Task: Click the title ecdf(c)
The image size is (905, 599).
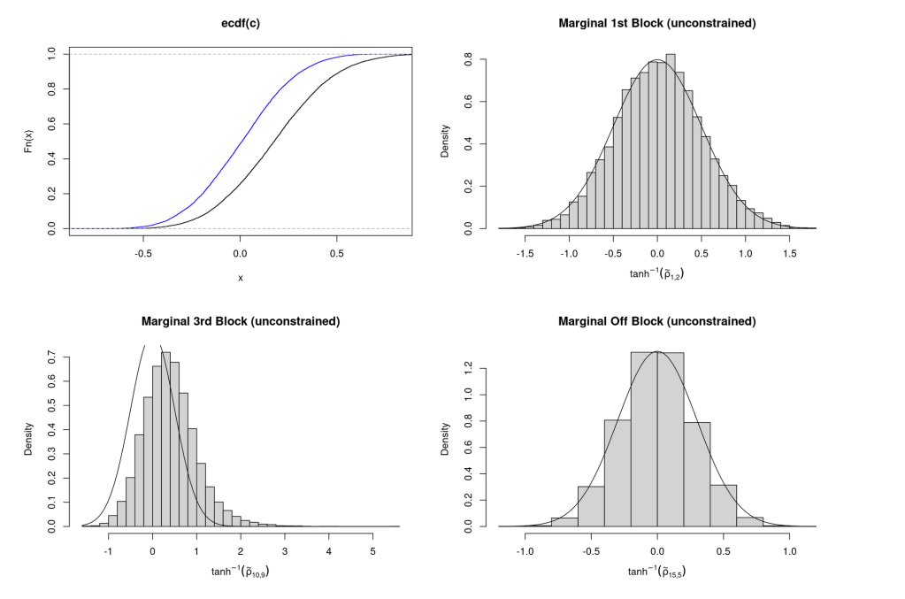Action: tap(240, 23)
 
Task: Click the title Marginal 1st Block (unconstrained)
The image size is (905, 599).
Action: tap(656, 23)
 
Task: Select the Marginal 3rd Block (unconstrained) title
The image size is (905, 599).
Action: tap(240, 320)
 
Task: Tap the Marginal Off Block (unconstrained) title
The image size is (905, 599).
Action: tap(656, 320)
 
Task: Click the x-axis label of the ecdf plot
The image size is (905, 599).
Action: tap(240, 277)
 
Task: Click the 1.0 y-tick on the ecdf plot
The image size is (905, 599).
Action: tap(51, 54)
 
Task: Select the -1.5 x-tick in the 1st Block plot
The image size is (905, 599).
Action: tap(525, 251)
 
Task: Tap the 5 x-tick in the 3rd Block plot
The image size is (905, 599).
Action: tap(372, 549)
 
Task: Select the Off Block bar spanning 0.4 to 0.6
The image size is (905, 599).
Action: tap(722, 505)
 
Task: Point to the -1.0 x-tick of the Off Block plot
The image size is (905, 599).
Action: tap(525, 549)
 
